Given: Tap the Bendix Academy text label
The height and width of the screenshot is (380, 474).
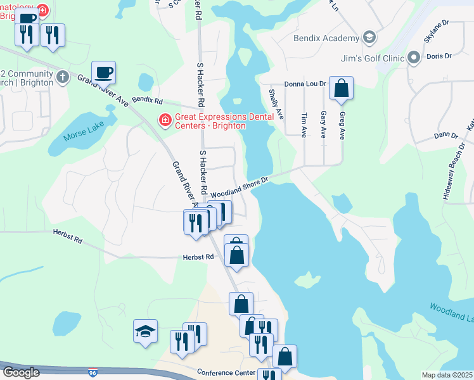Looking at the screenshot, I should (326, 38).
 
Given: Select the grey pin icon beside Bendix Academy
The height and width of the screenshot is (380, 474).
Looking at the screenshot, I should (369, 39).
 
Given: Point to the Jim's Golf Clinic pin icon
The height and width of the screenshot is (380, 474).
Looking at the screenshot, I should (414, 58).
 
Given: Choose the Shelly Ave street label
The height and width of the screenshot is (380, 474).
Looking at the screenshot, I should (276, 104).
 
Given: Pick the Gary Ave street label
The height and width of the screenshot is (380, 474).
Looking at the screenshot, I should (323, 125).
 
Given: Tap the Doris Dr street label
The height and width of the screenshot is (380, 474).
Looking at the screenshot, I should (439, 56).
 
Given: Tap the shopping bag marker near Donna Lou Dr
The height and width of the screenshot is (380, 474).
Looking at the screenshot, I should (341, 89).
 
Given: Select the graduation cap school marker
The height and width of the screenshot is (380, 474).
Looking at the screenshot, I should (145, 331).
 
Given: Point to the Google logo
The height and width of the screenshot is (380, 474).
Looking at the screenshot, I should (20, 372).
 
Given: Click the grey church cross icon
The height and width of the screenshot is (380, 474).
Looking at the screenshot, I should (62, 77).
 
